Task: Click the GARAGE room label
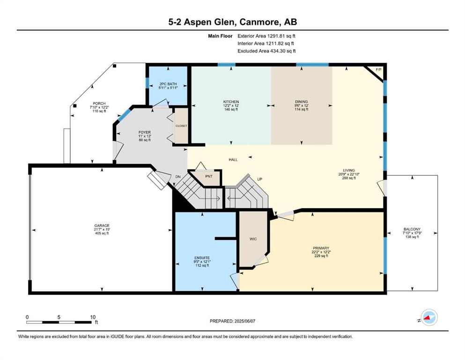102,225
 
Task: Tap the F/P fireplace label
378,69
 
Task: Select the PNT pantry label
209,176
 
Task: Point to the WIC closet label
253,239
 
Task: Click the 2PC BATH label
168,84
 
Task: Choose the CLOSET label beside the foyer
181,126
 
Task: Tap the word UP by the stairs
259,179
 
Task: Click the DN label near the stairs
177,177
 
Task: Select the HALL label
233,160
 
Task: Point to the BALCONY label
412,229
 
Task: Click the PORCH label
99,104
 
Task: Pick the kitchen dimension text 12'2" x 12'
231,105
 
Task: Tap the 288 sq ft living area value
349,178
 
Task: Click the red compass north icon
428,317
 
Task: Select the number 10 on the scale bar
93,317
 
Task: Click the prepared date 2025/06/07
244,321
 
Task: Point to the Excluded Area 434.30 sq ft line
266,51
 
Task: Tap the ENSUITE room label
202,258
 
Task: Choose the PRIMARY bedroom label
321,248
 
